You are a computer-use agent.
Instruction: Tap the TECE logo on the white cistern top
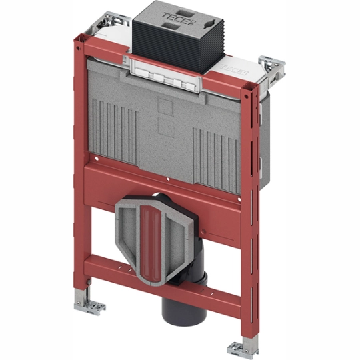[x=234, y=69]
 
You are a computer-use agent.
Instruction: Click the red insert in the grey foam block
[x=151, y=241]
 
